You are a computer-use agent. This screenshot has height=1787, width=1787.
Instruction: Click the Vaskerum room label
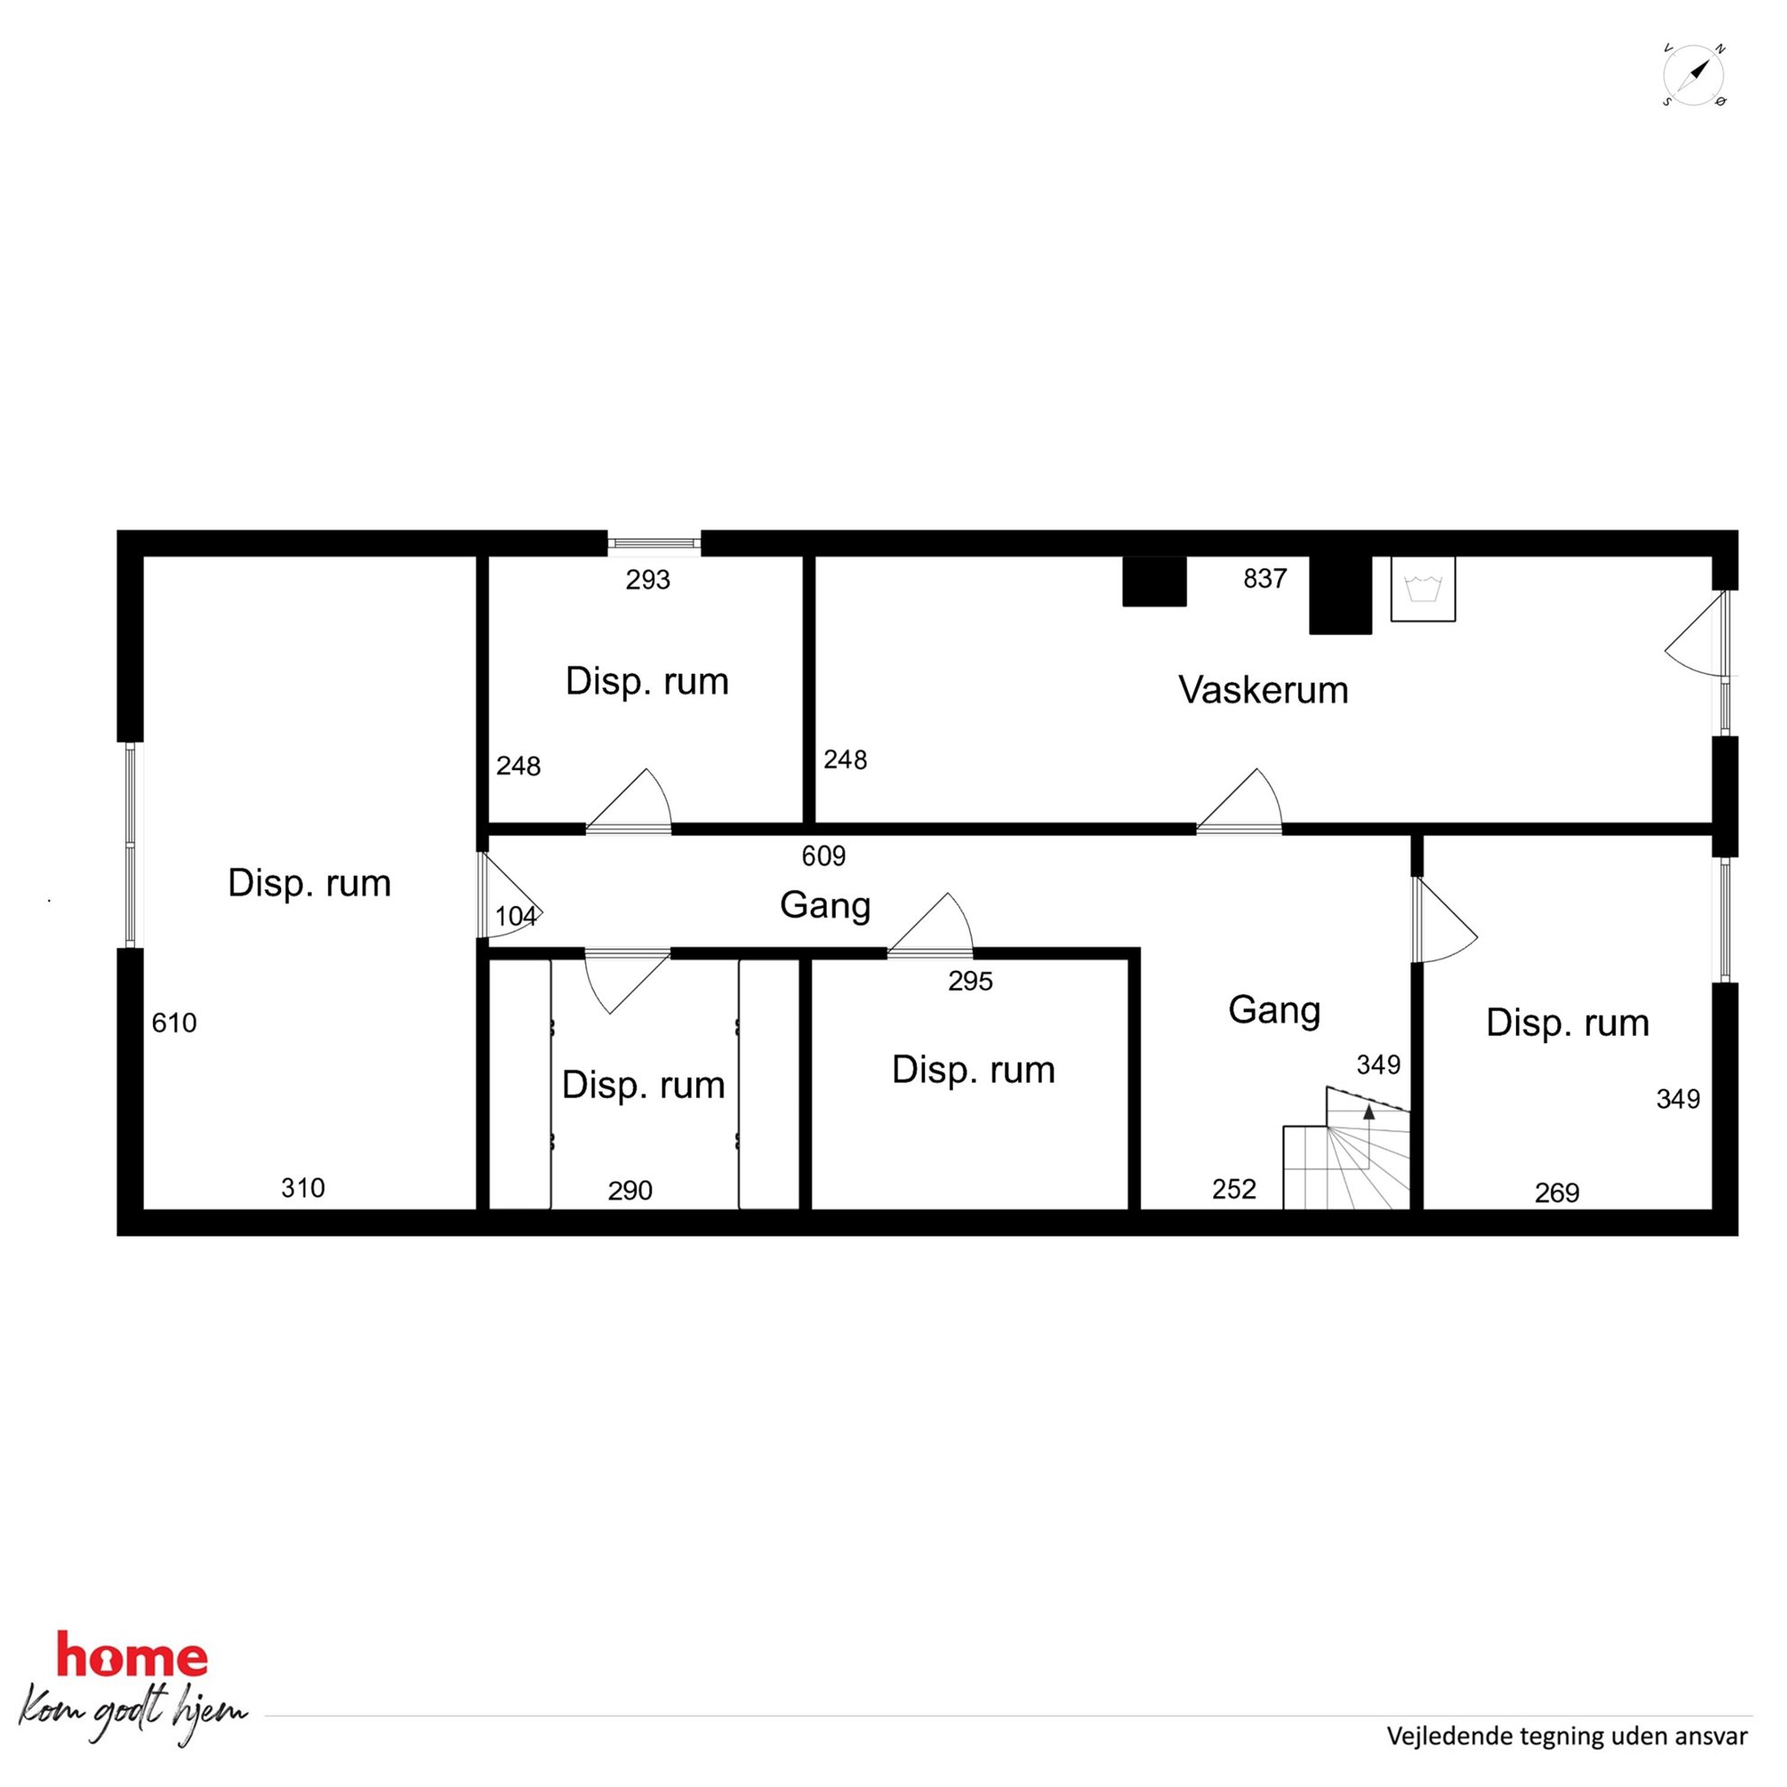[x=1263, y=690]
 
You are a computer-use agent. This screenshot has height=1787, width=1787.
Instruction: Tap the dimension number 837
[x=1265, y=579]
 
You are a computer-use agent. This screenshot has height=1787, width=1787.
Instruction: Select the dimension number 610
[x=174, y=1023]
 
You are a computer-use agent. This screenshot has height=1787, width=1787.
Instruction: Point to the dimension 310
[x=303, y=1188]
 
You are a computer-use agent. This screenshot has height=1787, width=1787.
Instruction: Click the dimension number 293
[x=648, y=580]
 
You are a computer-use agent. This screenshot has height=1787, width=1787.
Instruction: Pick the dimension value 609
[x=823, y=856]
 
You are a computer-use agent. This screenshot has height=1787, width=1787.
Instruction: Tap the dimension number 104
[x=516, y=916]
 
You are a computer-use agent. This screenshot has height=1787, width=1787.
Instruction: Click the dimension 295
[x=970, y=981]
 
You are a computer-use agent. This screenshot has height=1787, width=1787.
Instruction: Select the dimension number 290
[x=630, y=1191]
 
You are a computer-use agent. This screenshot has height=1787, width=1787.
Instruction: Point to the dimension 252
[x=1234, y=1189]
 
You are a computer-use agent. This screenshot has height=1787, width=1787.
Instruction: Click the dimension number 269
[x=1556, y=1193]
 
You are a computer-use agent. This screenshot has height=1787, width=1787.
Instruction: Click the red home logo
[x=132, y=1655]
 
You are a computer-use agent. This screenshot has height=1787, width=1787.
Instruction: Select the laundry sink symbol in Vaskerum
[x=1423, y=588]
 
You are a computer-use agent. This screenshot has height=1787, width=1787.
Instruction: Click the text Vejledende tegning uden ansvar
[x=1567, y=1737]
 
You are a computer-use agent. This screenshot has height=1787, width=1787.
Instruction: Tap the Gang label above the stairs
[x=1274, y=1010]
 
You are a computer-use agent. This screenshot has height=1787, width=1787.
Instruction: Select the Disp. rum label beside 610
[x=309, y=884]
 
